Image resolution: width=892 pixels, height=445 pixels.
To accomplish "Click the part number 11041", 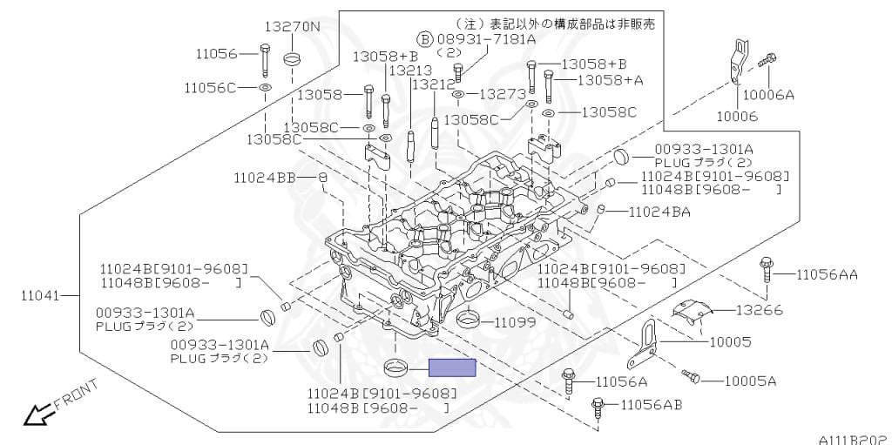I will tap(41, 295).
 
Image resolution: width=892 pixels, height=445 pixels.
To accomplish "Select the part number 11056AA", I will tap(826, 275).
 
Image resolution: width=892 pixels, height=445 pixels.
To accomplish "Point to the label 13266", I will tap(759, 309).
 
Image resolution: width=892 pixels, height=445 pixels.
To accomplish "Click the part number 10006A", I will tap(769, 95).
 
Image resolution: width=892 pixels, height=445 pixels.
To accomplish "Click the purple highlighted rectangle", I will tap(451, 367).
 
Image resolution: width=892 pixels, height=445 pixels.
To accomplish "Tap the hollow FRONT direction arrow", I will tap(36, 415).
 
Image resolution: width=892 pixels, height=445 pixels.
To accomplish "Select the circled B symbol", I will tap(424, 39).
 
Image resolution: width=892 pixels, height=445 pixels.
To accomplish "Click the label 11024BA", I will tap(659, 211).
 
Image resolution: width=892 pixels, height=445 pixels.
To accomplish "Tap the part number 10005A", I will tap(750, 381).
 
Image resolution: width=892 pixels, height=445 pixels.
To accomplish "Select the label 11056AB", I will tap(652, 404).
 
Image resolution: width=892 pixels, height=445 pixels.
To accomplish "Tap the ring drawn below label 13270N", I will tap(293, 59).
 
